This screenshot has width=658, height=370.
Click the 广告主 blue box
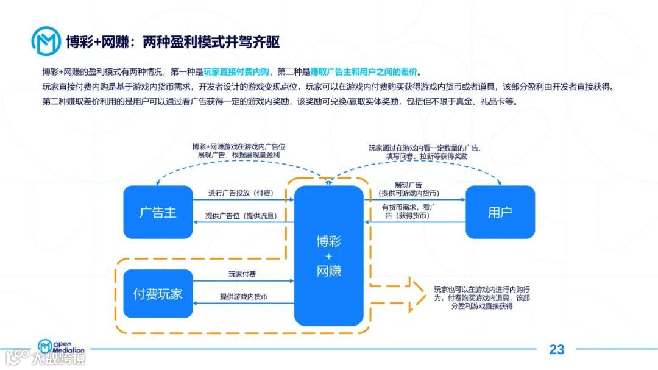coord(158,212)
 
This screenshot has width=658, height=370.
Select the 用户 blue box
coord(500,212)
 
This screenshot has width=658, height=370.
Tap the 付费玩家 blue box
coord(158,294)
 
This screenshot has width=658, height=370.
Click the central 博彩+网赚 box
coord(329,256)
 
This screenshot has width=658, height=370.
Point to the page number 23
coord(557,349)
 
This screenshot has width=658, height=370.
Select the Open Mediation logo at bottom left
coord(61,348)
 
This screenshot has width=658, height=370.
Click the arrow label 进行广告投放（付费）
coord(240,193)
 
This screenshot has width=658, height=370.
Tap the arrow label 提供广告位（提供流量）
coord(240,216)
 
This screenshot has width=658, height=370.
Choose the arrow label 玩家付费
coord(242,274)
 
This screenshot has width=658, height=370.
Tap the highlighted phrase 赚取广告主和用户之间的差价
coord(365,71)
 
